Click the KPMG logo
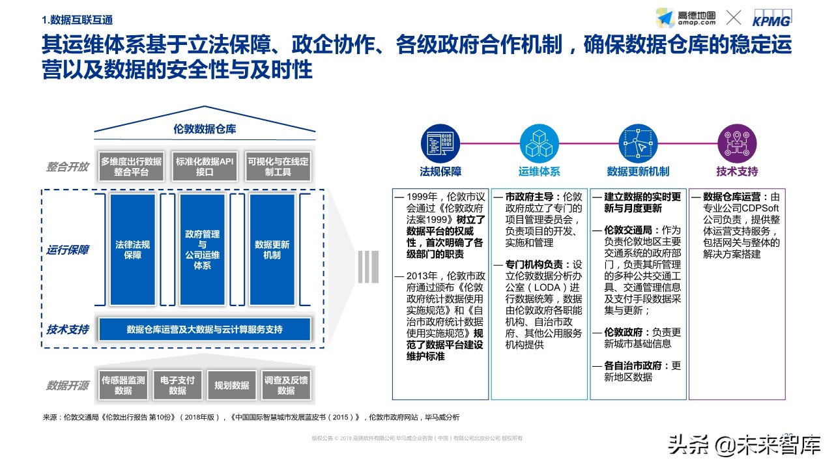pos(771,18)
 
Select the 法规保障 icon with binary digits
pos(440,143)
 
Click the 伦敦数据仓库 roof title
pos(205,129)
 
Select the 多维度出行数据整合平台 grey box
pos(131,167)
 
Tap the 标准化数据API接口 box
pos(204,167)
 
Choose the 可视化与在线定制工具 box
pos(278,167)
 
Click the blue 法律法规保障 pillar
pos(132,250)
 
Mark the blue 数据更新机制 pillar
pos(272,250)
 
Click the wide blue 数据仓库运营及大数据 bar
pos(205,330)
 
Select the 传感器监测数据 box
pos(123,385)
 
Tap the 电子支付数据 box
pos(177,385)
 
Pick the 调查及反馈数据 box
pos(285,385)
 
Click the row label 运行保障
pos(67,250)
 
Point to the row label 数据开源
pos(67,385)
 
